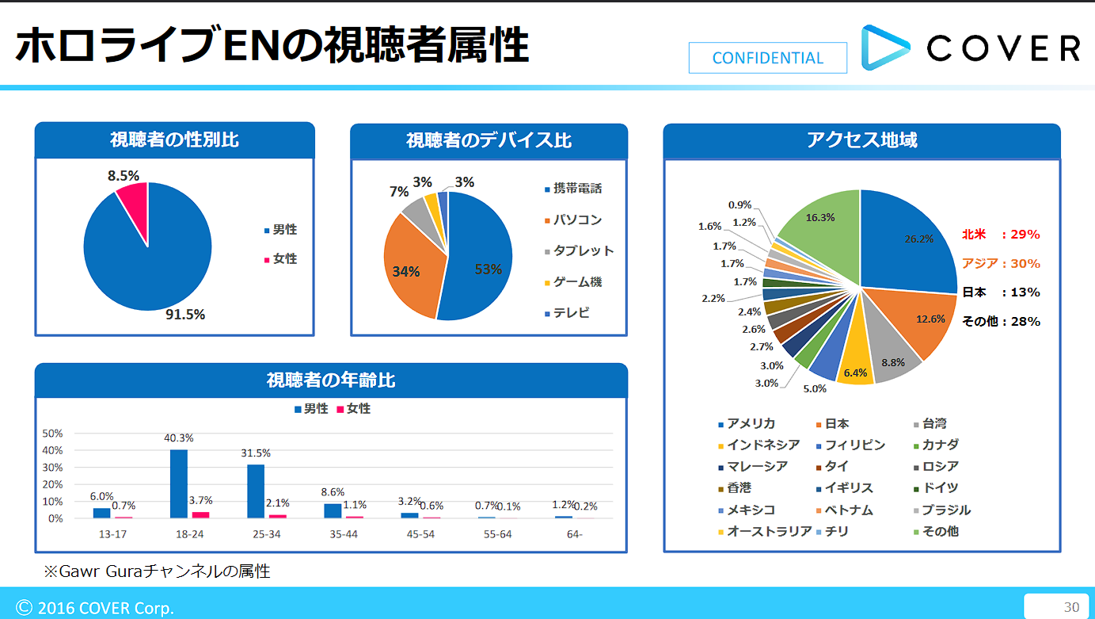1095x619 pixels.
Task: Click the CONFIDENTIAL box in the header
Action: click(767, 58)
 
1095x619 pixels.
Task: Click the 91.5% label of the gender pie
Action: click(185, 315)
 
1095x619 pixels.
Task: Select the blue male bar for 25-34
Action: click(255, 491)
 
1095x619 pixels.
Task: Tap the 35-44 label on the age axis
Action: click(344, 534)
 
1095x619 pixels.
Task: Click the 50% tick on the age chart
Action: click(52, 434)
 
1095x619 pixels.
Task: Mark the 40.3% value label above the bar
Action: click(179, 438)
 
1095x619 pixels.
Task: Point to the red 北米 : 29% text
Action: click(1001, 235)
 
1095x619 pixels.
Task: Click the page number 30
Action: click(1071, 607)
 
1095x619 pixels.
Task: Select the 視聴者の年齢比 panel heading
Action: click(331, 380)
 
